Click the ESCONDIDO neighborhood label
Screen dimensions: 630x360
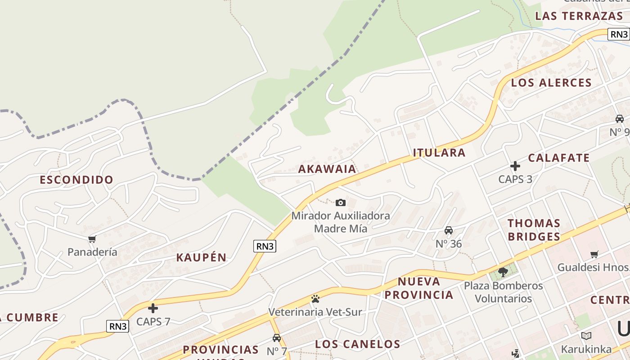tap(76, 180)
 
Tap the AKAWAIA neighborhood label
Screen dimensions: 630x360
tap(327, 169)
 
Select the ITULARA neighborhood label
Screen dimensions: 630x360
tap(439, 153)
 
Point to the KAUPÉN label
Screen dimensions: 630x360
tap(201, 258)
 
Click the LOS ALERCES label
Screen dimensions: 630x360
tap(551, 83)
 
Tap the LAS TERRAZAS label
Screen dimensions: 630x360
tap(579, 16)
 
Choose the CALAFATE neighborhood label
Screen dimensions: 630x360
tap(558, 158)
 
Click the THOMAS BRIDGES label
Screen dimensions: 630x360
tap(534, 230)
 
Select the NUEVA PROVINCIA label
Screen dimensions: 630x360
tap(419, 288)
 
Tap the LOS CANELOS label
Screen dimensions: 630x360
tap(357, 345)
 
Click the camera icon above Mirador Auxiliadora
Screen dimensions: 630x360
tap(341, 202)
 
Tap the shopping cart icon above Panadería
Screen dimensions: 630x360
tap(92, 239)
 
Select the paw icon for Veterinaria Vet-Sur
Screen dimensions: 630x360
tap(315, 299)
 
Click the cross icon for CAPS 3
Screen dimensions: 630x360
tap(515, 166)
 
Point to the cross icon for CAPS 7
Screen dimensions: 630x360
tap(153, 308)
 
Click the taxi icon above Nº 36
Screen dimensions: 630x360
tap(449, 230)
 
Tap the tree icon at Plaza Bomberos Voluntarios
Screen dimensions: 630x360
tap(503, 271)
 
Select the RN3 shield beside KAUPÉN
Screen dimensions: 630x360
tap(265, 246)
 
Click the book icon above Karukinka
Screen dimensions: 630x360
tap(586, 336)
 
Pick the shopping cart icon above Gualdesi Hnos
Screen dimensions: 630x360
tap(594, 254)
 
